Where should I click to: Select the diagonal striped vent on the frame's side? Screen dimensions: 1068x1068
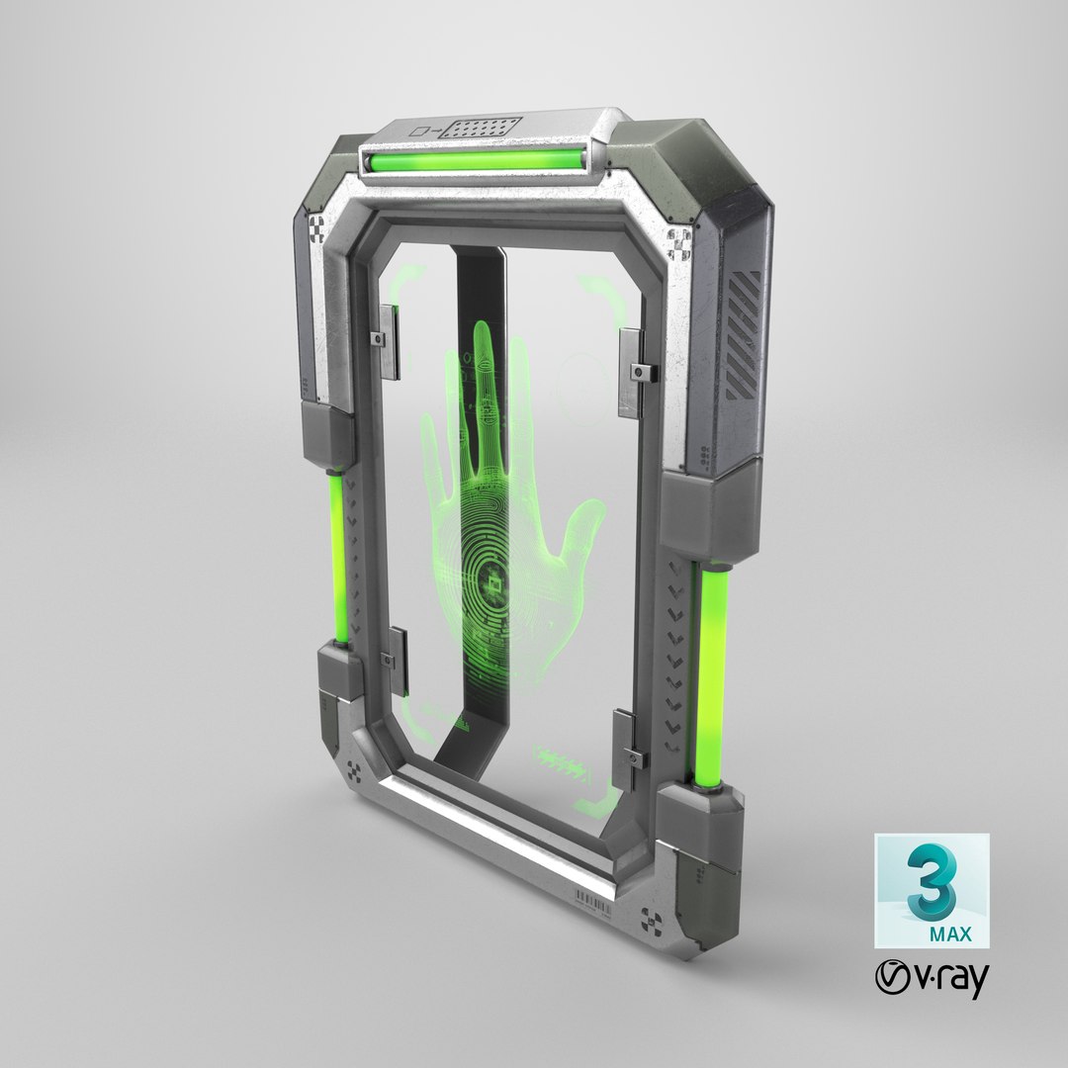[744, 335]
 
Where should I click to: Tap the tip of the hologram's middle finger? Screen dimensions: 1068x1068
[482, 336]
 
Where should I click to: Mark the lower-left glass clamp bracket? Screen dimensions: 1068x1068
[397, 658]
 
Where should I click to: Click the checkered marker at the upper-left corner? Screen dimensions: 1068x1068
[315, 228]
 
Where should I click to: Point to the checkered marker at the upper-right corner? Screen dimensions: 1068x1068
[680, 241]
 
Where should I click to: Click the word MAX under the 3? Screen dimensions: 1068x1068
[952, 934]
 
